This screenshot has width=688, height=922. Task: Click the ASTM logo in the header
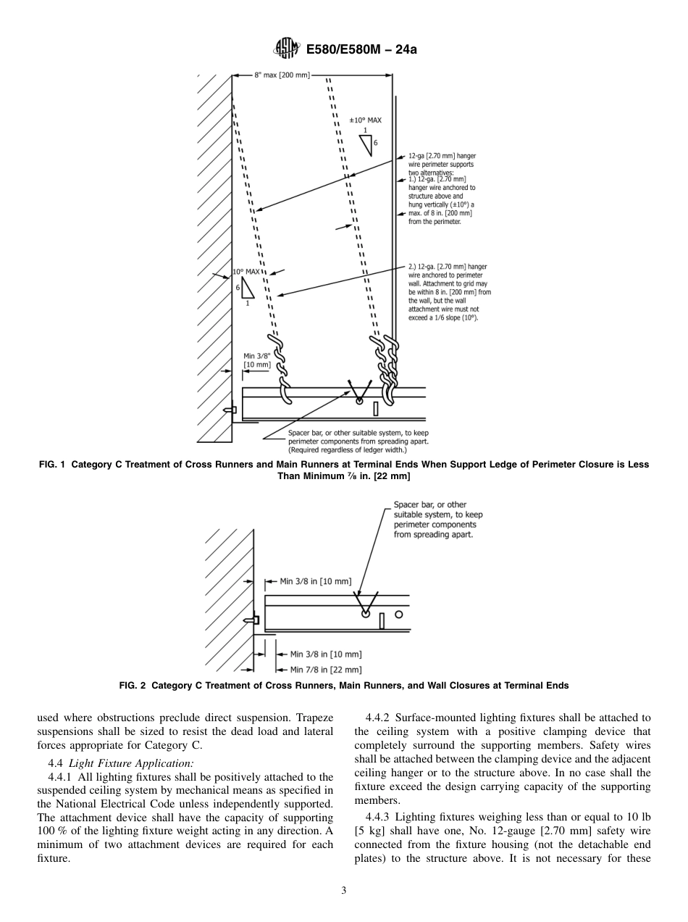click(285, 49)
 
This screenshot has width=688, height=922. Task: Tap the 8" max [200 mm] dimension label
click(282, 75)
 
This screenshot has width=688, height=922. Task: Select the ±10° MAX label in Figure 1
click(365, 120)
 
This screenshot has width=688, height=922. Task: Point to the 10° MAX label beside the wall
click(246, 272)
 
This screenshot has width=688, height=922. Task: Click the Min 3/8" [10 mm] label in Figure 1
click(257, 360)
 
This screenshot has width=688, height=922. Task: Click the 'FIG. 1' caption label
click(53, 465)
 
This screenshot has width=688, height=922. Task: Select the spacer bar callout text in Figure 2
click(437, 519)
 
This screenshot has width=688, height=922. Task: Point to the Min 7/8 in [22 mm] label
click(325, 670)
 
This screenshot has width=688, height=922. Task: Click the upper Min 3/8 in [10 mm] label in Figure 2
click(315, 581)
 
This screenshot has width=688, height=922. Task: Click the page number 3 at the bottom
click(344, 891)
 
